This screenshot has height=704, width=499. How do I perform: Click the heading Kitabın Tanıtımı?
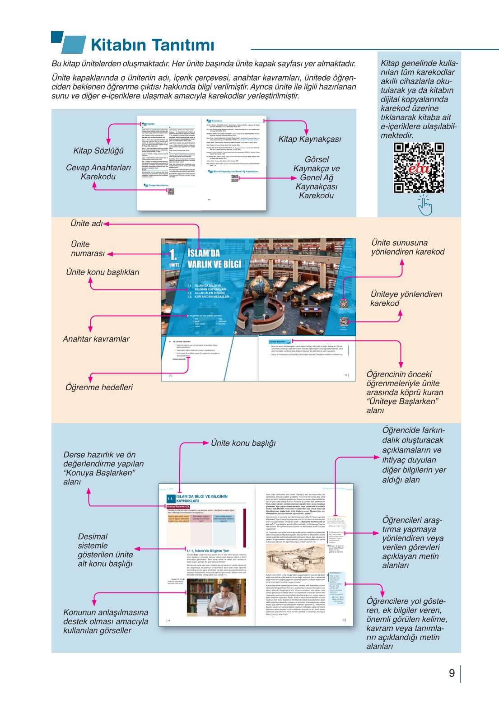pyautogui.click(x=152, y=45)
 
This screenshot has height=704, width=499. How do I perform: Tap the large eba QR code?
pyautogui.click(x=419, y=168)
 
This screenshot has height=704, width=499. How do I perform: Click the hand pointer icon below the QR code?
pyautogui.click(x=424, y=206)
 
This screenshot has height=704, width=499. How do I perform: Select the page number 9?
pyautogui.click(x=452, y=673)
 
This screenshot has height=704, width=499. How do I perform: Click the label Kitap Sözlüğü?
pyautogui.click(x=98, y=151)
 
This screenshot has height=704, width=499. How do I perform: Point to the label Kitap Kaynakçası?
pyautogui.click(x=310, y=139)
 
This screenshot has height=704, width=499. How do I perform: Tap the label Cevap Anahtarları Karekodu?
pyautogui.click(x=98, y=172)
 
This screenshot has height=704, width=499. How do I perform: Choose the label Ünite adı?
pyautogui.click(x=86, y=224)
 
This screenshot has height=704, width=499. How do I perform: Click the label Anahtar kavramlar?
pyautogui.click(x=96, y=339)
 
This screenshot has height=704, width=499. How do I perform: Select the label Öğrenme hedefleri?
pyautogui.click(x=99, y=387)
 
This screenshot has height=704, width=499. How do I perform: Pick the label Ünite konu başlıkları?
pyautogui.click(x=103, y=272)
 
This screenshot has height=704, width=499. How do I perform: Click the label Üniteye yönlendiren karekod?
pyautogui.click(x=406, y=298)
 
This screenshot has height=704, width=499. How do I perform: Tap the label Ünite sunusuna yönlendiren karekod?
pyautogui.click(x=408, y=247)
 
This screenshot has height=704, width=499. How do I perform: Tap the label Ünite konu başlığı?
pyautogui.click(x=243, y=443)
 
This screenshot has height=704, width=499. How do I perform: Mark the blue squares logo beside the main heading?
pyautogui.click(x=68, y=43)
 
